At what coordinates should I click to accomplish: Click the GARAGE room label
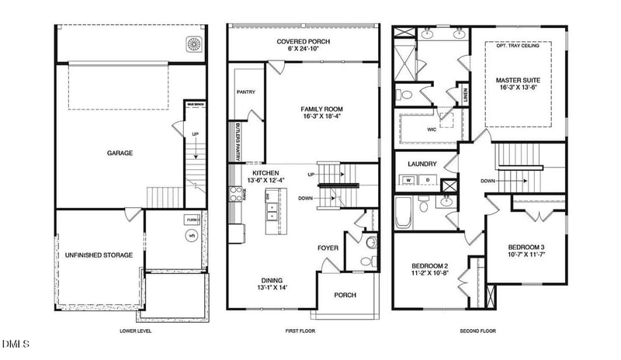click(x=120, y=154)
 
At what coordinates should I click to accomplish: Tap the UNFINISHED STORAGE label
click(x=97, y=254)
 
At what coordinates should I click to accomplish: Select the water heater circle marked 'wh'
click(x=190, y=235)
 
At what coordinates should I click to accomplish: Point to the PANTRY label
click(x=245, y=92)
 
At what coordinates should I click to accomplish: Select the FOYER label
click(x=328, y=247)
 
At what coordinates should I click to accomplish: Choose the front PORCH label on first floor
click(x=345, y=296)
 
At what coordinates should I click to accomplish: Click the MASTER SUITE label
click(x=518, y=80)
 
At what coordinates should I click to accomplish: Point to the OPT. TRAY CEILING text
click(x=518, y=46)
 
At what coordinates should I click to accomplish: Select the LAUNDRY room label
click(x=422, y=164)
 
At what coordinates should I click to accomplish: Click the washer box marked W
click(x=408, y=180)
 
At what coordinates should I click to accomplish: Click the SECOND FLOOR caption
click(x=477, y=331)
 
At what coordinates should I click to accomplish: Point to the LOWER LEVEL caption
click(x=135, y=331)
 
